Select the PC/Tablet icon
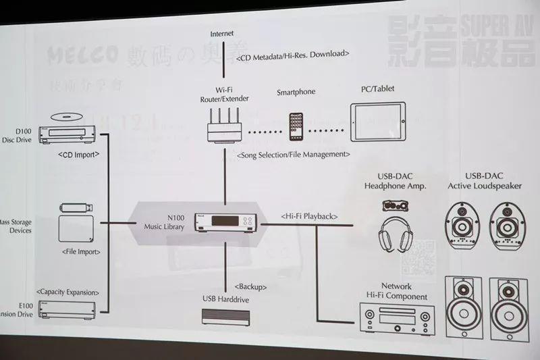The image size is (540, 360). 377,122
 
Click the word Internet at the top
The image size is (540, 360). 223,33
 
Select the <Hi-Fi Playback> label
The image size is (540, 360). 308,216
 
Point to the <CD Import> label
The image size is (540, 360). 78,154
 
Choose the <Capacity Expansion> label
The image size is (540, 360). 68,292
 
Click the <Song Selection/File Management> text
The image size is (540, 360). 294,155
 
